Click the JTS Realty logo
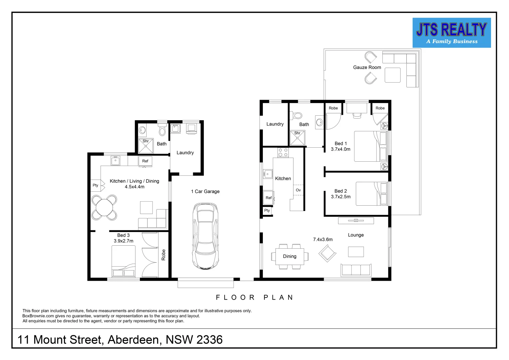[451, 33]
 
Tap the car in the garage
[206, 236]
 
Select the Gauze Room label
[367, 67]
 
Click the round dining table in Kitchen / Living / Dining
[104, 208]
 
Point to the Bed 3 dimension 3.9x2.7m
[123, 241]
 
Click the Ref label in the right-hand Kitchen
[268, 198]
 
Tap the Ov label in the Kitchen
[298, 190]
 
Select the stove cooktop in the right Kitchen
[283, 152]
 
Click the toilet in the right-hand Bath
[297, 116]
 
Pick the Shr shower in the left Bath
[146, 146]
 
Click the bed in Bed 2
[371, 194]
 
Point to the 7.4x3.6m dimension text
[322, 239]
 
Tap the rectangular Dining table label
[289, 256]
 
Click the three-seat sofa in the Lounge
[355, 270]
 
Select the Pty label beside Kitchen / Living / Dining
[96, 185]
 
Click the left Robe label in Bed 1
[333, 108]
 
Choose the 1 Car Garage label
[205, 191]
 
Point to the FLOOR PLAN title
[254, 297]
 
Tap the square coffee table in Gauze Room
[392, 75]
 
